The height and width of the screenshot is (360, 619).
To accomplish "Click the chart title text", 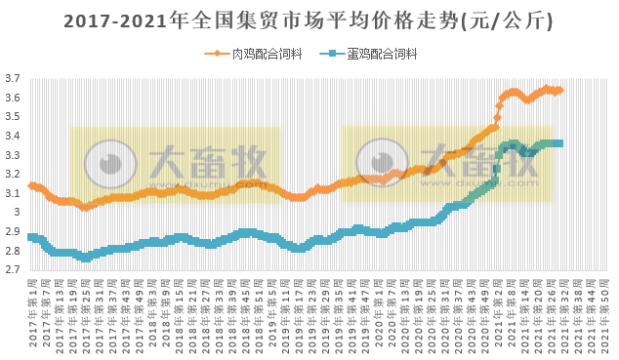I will click(309, 20).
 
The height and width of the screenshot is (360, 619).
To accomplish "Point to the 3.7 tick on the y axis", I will click(13, 79).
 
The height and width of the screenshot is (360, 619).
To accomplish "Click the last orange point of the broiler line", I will click(560, 90).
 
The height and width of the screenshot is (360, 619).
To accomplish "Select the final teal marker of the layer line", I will click(558, 143).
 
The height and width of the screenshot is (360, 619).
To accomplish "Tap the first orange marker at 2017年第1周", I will click(31, 185).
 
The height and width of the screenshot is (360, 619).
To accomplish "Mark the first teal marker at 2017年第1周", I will click(31, 237).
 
